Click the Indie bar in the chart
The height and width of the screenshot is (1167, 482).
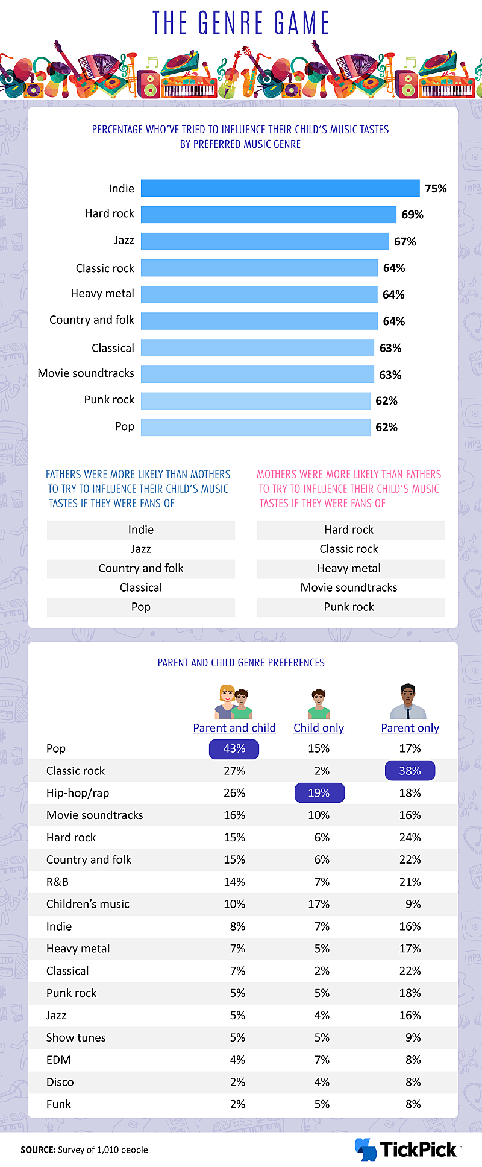pyautogui.click(x=280, y=188)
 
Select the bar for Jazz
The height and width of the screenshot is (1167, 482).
pyautogui.click(x=265, y=241)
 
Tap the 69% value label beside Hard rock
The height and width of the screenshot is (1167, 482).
pyautogui.click(x=412, y=215)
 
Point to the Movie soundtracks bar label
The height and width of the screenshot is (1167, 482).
pyautogui.click(x=86, y=373)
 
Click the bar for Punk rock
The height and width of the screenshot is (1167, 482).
pyautogui.click(x=255, y=400)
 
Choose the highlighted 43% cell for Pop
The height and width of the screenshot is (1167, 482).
pyautogui.click(x=234, y=749)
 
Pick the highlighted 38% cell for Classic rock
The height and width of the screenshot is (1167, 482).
pyautogui.click(x=410, y=771)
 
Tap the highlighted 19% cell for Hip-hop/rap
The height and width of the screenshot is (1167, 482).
pyautogui.click(x=319, y=793)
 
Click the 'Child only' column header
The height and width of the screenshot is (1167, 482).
pyautogui.click(x=319, y=728)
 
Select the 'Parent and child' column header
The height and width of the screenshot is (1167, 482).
pyautogui.click(x=234, y=728)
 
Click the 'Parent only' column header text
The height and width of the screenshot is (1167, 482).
pyautogui.click(x=410, y=728)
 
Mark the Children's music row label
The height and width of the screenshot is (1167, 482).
pyautogui.click(x=88, y=904)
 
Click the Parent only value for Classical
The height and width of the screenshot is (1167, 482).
pyautogui.click(x=410, y=971)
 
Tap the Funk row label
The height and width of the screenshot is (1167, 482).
pyautogui.click(x=58, y=1104)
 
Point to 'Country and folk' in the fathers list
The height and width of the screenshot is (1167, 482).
pyautogui.click(x=141, y=568)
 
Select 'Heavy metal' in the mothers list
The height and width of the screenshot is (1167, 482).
pyautogui.click(x=349, y=568)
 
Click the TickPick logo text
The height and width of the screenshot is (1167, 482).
pyautogui.click(x=418, y=1150)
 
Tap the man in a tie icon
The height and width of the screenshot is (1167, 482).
pyautogui.click(x=408, y=701)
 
